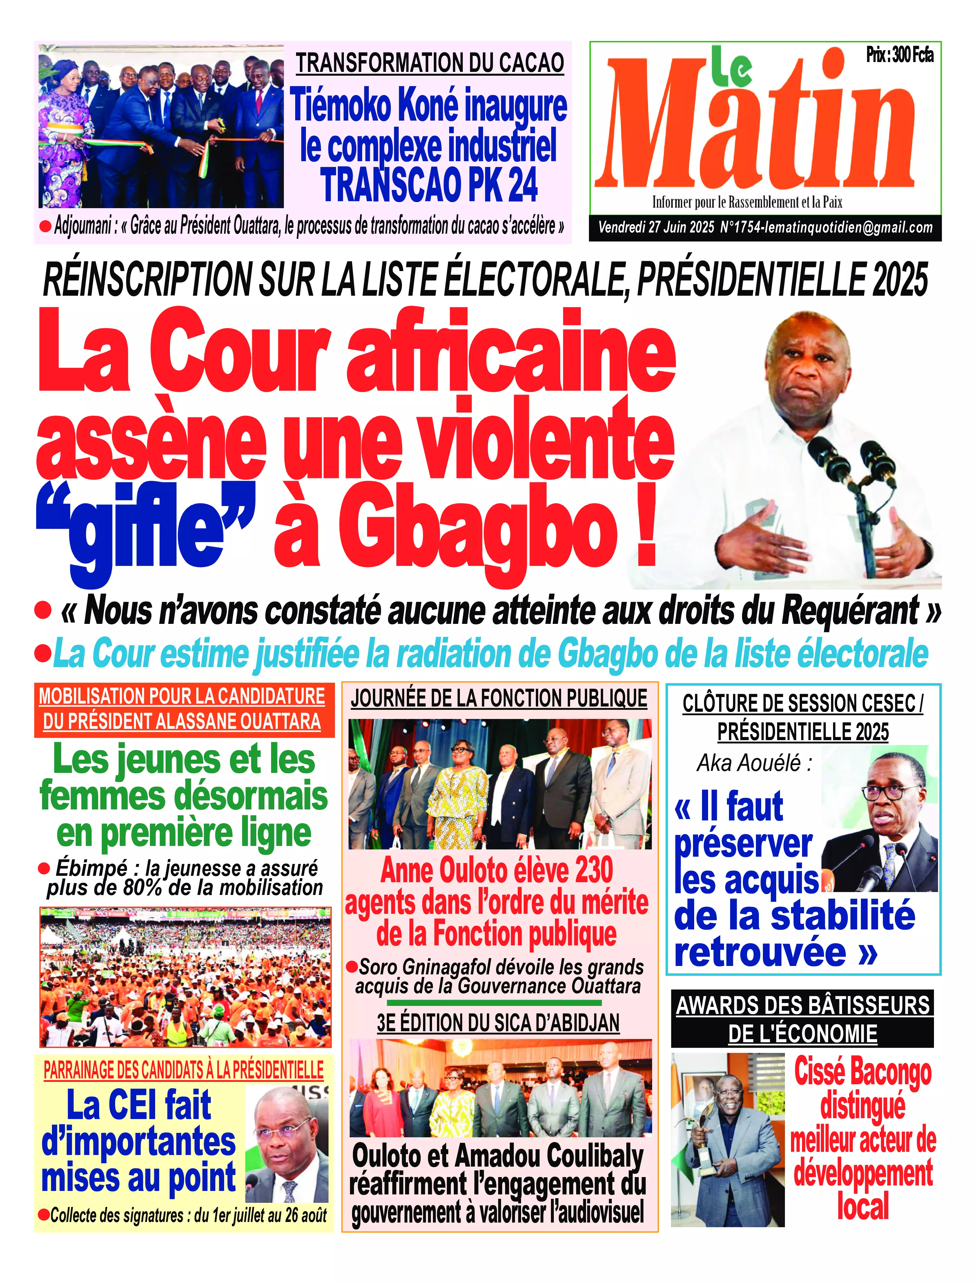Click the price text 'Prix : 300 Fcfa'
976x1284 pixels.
899,56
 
